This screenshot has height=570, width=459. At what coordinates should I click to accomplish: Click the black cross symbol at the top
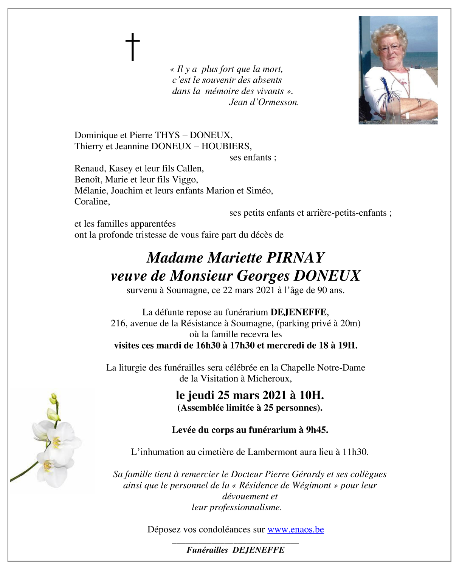pyautogui.click(x=133, y=47)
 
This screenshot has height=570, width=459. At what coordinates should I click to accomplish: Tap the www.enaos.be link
pyautogui.click(x=295, y=530)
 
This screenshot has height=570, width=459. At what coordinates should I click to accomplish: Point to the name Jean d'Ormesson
pyautogui.click(x=264, y=102)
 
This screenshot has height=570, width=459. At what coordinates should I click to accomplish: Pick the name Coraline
pyautogui.click(x=92, y=202)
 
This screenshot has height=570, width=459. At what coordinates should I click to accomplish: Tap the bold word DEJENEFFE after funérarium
pyautogui.click(x=298, y=312)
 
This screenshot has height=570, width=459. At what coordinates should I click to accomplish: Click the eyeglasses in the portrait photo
pyautogui.click(x=389, y=47)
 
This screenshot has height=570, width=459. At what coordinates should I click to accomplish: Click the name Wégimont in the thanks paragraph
pyautogui.click(x=311, y=485)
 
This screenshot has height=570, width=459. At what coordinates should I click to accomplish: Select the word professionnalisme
pyautogui.click(x=236, y=507)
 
